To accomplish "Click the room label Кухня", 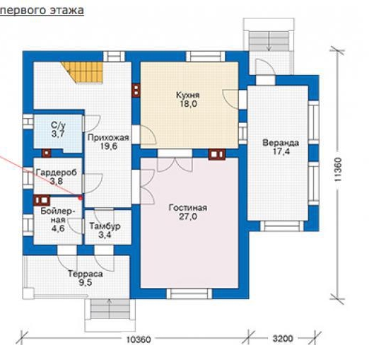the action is [x=188, y=95].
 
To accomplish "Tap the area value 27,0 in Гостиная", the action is [x=188, y=216].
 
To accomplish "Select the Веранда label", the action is [x=281, y=143].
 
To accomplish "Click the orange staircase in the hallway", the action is [x=83, y=72].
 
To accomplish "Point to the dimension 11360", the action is [x=338, y=170].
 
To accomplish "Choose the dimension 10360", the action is [x=139, y=339].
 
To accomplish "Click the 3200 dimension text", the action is [x=283, y=339].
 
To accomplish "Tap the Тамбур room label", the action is [x=105, y=226].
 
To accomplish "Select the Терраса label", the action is [x=86, y=274].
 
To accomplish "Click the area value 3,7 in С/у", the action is [x=58, y=134].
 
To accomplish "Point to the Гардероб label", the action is [x=57, y=173].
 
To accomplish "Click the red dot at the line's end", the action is [x=80, y=197].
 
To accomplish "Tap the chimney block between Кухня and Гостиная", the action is [x=216, y=154].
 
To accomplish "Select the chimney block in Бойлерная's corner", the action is [x=42, y=200].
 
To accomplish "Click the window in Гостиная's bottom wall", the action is [x=189, y=294].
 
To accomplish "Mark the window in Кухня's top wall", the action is [x=205, y=57].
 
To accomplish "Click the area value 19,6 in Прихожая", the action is [x=109, y=146].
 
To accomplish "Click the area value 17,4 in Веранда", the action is [x=281, y=151].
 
